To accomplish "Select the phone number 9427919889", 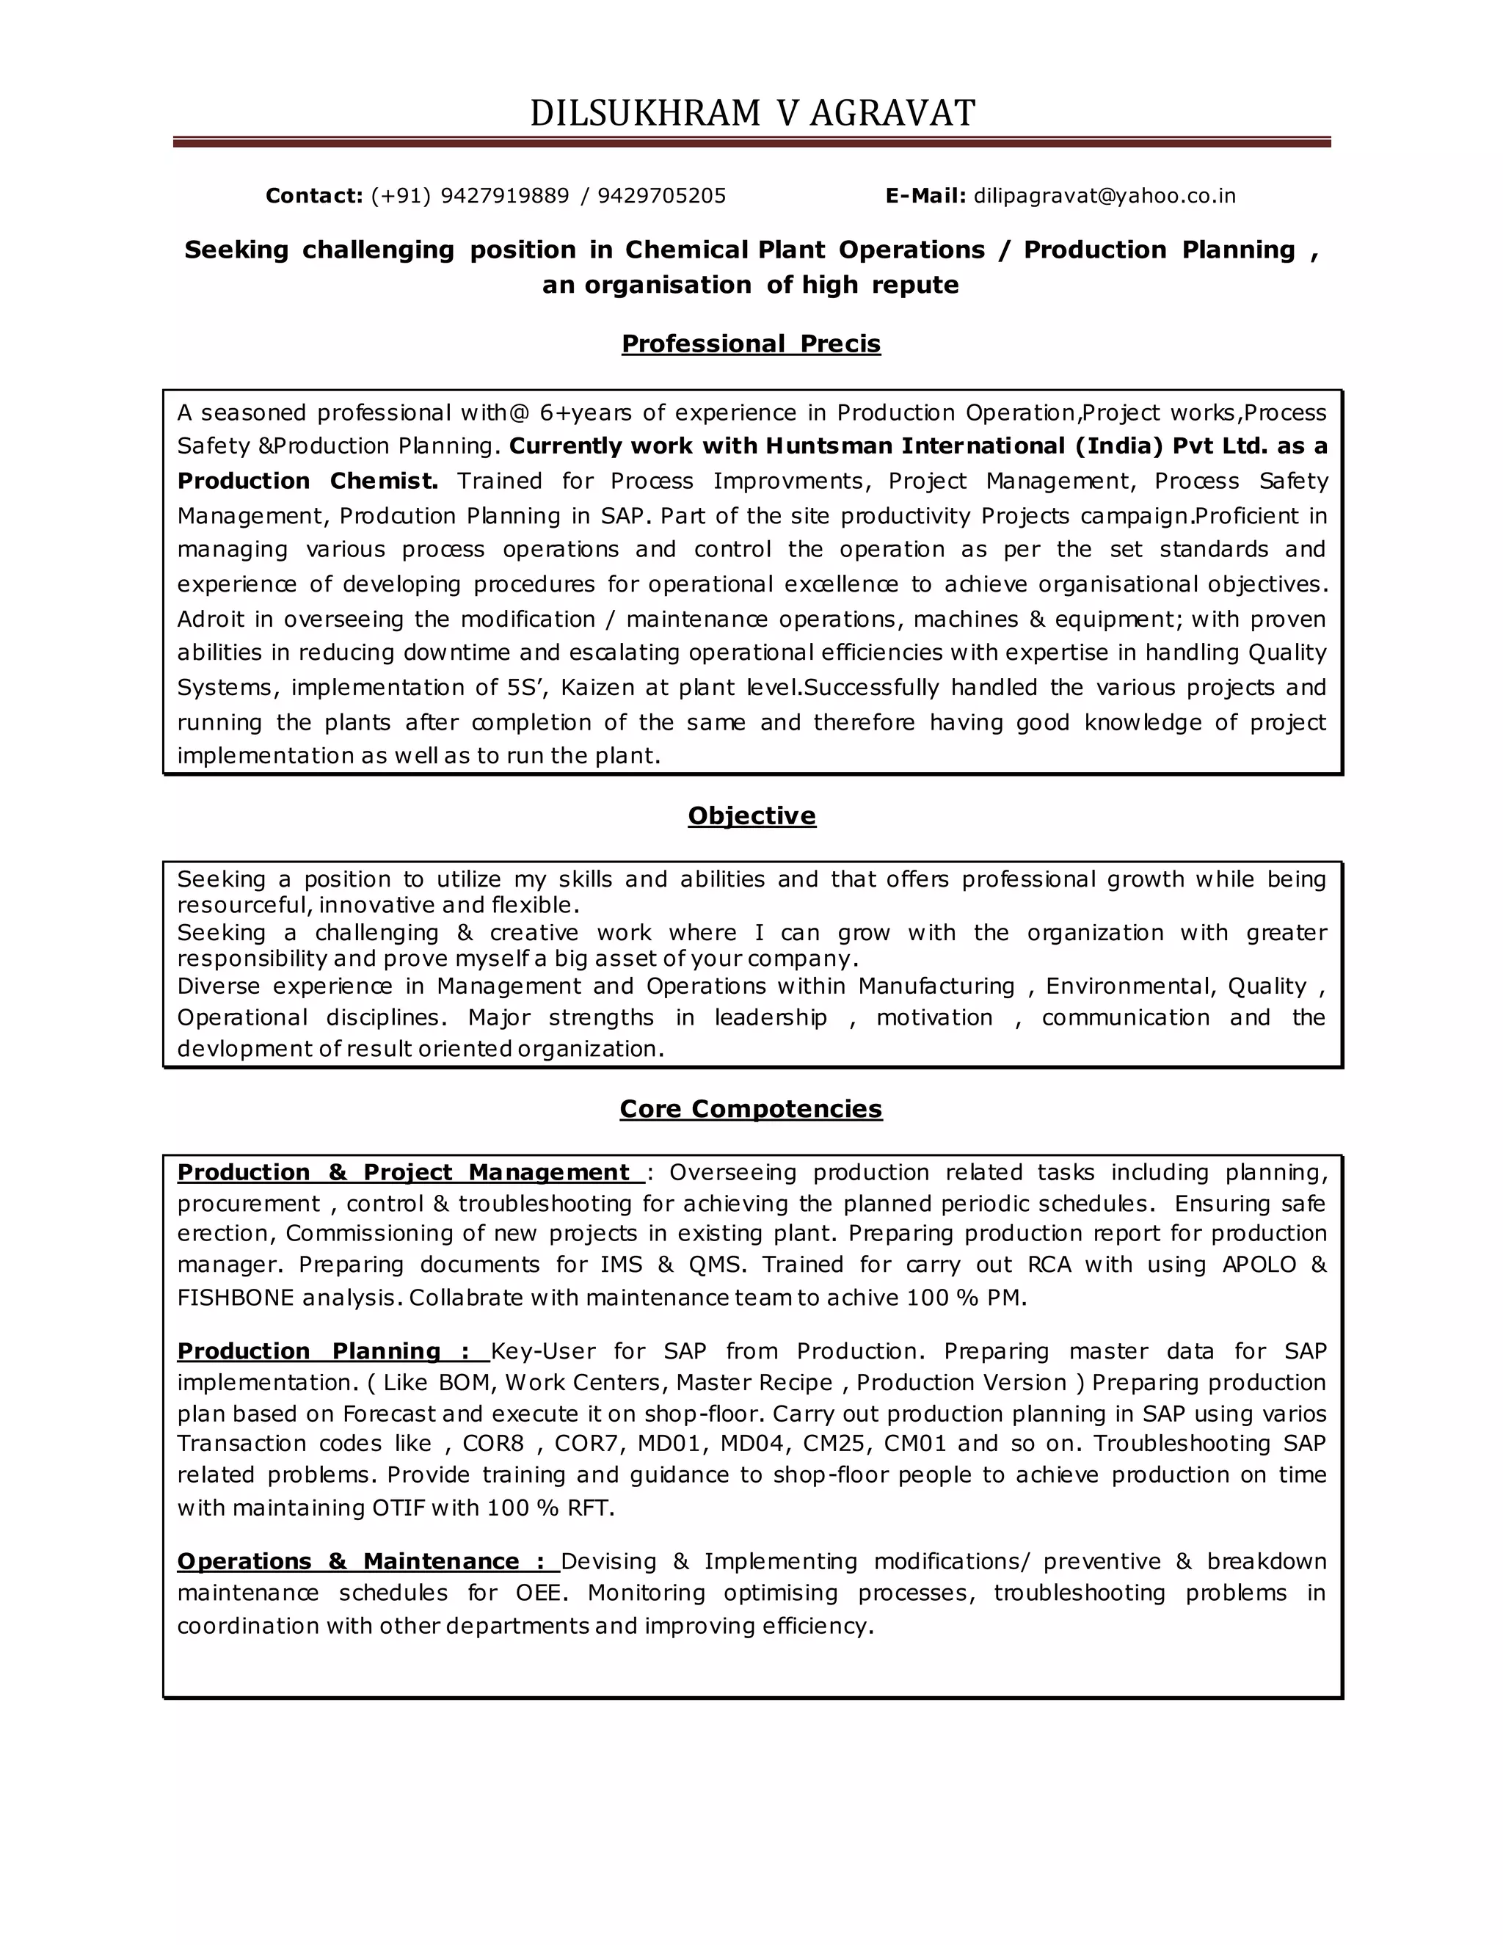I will (x=504, y=196).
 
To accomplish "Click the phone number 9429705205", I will (x=661, y=196).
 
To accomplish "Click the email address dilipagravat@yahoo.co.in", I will (x=1104, y=196).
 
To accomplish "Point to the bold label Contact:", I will (x=313, y=196).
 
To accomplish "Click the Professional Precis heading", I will (x=751, y=343).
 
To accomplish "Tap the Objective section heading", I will (x=751, y=815).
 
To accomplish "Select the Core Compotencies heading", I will (x=751, y=1109).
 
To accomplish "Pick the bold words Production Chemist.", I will (x=307, y=481).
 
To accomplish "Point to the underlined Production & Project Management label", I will (x=410, y=1173).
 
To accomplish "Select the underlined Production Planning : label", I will (x=332, y=1351).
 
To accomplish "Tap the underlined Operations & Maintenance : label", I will (x=367, y=1561).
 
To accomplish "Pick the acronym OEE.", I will (x=539, y=1593).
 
